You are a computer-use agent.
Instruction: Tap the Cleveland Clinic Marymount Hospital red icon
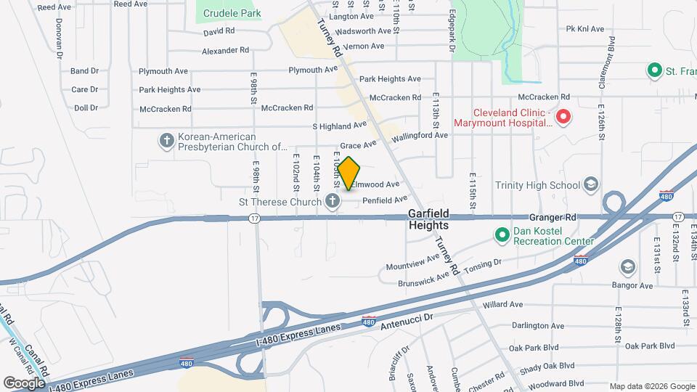562,117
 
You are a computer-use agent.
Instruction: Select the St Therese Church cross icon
333,201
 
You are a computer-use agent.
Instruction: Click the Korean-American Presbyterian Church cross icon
166,141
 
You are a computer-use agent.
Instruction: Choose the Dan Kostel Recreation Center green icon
501,234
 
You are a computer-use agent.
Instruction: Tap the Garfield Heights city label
428,219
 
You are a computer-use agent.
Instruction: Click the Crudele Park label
232,13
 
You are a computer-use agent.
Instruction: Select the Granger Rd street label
553,216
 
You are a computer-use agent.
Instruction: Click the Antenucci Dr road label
407,318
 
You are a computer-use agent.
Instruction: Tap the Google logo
24,383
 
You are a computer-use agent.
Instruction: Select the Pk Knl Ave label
585,29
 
